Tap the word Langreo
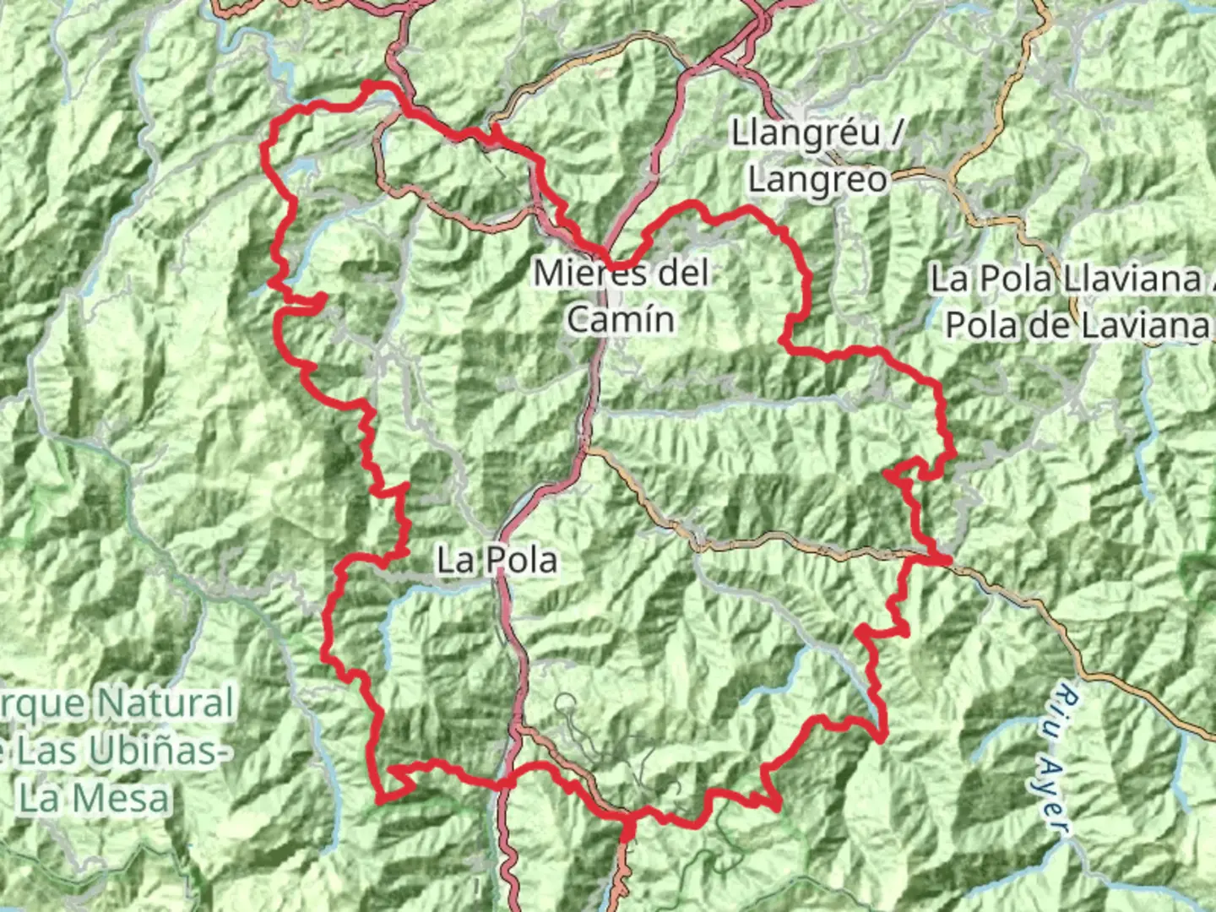point(817,180)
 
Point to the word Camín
point(621,320)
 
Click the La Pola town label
point(497,561)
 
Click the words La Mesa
point(95,798)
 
